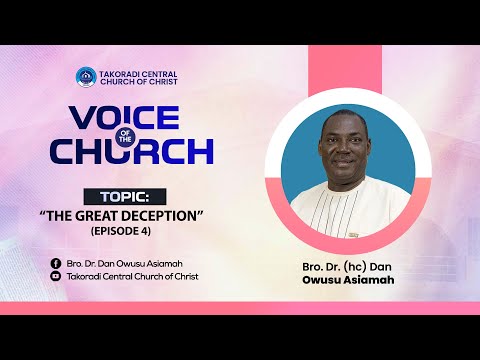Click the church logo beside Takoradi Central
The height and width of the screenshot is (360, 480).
pos(86,77)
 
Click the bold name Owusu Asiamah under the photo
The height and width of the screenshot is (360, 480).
pos(349,282)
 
